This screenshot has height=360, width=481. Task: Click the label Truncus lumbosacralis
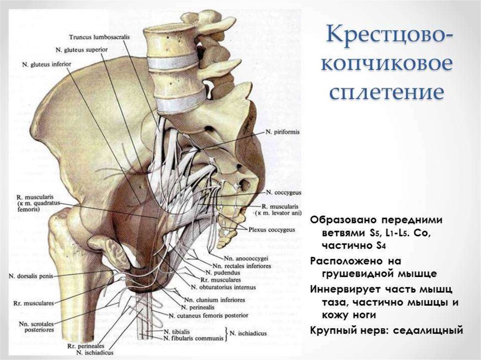(98, 37)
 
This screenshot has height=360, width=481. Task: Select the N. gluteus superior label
(81, 49)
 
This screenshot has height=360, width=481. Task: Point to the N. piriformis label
(281, 132)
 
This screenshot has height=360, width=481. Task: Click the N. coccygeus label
(283, 192)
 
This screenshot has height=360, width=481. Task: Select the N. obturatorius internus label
(223, 287)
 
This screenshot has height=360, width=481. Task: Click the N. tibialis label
(178, 330)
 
